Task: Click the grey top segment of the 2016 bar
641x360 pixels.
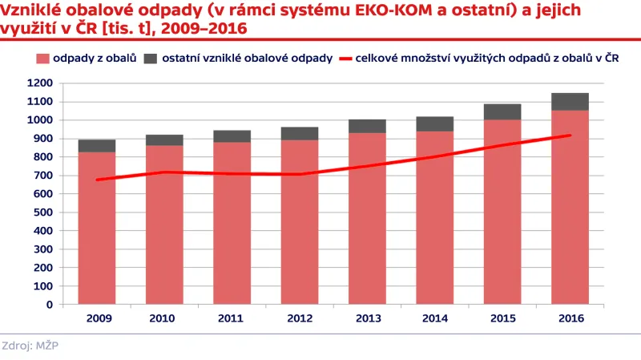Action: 570,101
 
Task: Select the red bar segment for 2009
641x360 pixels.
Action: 96,241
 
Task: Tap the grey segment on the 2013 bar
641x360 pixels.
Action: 367,126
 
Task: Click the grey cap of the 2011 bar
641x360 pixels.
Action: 232,136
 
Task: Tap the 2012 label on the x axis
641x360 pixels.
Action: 299,318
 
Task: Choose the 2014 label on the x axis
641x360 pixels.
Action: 434,318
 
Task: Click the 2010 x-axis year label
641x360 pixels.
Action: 163,318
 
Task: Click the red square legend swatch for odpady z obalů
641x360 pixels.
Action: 42,59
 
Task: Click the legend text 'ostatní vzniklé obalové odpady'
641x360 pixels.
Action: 241,59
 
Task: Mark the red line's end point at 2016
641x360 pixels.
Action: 570,135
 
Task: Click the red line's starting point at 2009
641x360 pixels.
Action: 96,180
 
